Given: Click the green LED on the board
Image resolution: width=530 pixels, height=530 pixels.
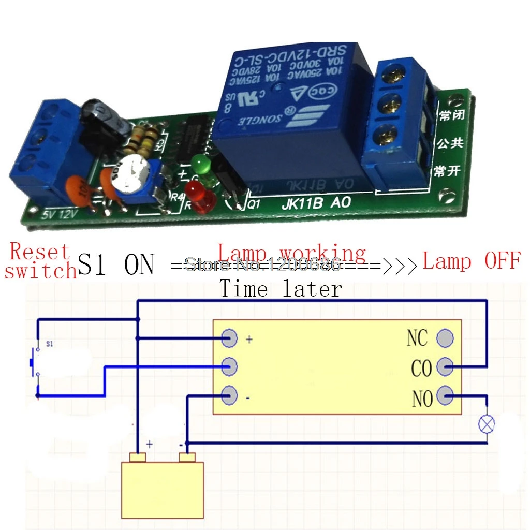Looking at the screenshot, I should pos(200,165).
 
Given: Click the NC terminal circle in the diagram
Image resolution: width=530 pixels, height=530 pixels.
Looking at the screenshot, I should pos(445,338).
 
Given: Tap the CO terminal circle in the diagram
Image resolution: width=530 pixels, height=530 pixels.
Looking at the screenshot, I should pos(445,367).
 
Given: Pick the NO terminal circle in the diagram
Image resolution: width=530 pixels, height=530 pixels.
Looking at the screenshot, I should pos(445,397).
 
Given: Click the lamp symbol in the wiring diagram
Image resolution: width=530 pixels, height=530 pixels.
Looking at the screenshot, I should pos(486,424).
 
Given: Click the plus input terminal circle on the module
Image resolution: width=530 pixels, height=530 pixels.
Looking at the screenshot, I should pos(229,338).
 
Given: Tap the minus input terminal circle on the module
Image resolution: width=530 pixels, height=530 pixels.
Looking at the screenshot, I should pos(229,396).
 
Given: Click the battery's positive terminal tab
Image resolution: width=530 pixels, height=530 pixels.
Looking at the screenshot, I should pos(138,458).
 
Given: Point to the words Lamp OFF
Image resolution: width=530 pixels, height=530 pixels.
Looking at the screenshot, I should pos(470,261).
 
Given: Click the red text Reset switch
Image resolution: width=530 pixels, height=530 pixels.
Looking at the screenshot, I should pos(40,261).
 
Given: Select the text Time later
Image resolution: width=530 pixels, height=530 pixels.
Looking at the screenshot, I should pos(281,289).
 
